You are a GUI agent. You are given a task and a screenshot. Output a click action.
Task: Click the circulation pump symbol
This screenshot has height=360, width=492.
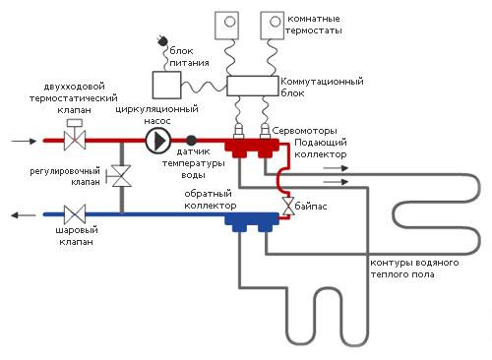[156, 142]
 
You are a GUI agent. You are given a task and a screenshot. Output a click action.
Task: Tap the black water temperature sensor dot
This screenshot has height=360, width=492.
[191, 142]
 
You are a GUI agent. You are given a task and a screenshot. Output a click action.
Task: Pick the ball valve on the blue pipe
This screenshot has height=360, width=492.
[74, 213]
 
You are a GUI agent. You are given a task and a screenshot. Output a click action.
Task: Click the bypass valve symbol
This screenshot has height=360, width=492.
[286, 208]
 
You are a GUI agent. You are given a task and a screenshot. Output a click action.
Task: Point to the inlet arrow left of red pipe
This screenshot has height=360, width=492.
[21, 141]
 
